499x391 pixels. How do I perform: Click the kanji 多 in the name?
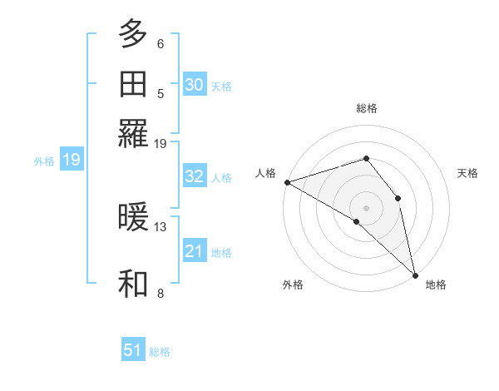[133, 35]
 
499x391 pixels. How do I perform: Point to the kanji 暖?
[133, 218]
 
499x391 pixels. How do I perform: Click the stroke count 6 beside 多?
[161, 43]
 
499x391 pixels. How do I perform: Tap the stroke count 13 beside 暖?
[161, 226]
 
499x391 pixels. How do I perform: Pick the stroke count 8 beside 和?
[161, 293]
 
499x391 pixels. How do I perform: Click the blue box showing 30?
[194, 85]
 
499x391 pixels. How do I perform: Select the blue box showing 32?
[194, 176]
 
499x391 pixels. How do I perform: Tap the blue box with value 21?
[194, 251]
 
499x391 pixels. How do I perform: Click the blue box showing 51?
[132, 350]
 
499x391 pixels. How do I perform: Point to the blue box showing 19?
[71, 160]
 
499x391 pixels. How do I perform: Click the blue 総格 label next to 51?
[160, 352]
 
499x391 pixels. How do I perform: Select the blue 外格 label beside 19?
[44, 161]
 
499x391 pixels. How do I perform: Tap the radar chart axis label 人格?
[266, 173]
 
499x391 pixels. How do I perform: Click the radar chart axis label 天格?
[468, 173]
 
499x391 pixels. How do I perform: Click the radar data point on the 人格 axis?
[287, 181]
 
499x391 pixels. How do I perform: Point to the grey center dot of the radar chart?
[366, 207]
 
